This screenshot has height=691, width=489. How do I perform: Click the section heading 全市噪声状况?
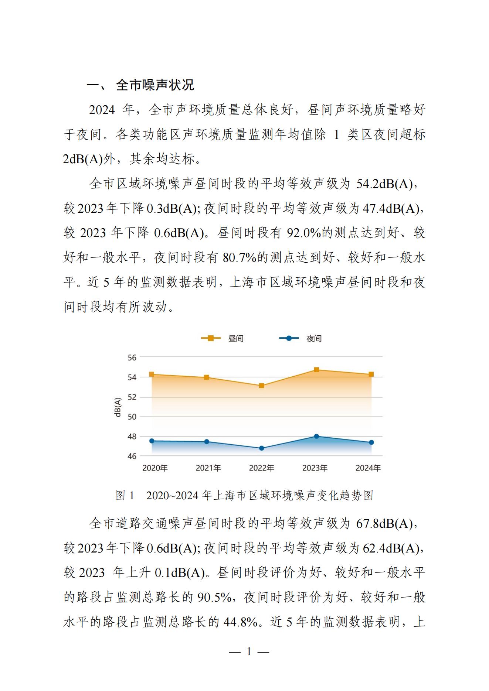coord(155,85)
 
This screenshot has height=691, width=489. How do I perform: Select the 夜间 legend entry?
coord(300,338)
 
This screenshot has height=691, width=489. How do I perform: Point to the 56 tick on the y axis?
coord(132,358)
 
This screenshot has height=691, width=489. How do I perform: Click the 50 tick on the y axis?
coord(132,417)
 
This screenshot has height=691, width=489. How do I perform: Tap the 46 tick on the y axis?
coord(132,456)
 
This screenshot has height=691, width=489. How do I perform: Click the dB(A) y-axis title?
coord(118,407)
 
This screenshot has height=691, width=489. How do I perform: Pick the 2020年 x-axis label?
coord(155,468)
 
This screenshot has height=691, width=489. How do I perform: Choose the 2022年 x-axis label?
coord(261,468)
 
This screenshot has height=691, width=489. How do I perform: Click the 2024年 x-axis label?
coord(368,468)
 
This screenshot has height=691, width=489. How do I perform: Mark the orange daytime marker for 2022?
coord(261,386)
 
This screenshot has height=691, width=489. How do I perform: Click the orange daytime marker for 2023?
coord(316,370)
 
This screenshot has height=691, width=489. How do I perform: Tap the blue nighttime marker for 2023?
coord(316,436)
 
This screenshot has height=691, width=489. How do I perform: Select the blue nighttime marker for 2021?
coord(207,442)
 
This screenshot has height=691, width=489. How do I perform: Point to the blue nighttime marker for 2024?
coord(371,442)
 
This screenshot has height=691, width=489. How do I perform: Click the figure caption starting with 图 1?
coord(244,495)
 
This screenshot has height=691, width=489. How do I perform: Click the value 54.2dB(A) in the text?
coord(384,184)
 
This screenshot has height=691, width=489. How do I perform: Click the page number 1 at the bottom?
coord(249,652)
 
